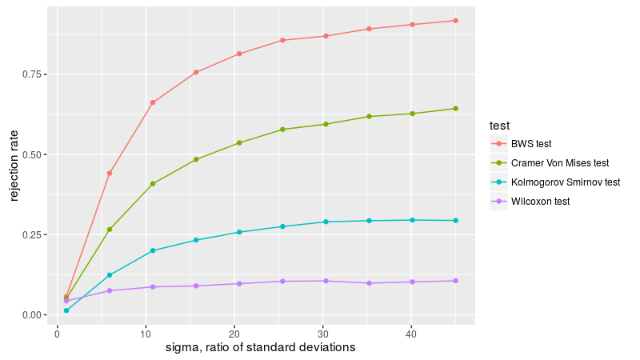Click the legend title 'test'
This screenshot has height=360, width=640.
click(500, 126)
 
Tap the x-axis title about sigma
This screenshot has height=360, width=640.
click(260, 348)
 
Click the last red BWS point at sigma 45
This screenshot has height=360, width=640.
click(455, 21)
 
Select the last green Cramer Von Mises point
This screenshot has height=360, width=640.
click(455, 109)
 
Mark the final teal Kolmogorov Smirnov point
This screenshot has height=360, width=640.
click(455, 221)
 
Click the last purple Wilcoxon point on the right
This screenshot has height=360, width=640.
click(455, 281)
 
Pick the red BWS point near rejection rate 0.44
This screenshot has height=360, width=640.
click(110, 173)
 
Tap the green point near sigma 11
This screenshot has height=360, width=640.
click(153, 184)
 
